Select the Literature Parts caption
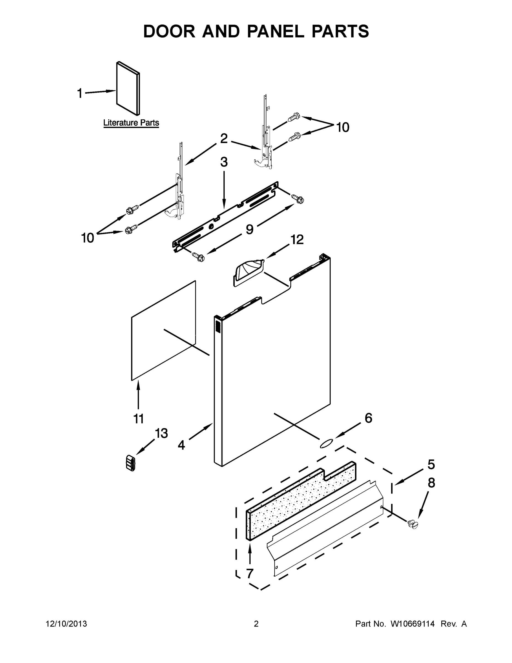tap(131, 123)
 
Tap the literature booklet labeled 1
tap(128, 89)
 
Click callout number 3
tap(224, 162)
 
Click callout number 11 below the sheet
tap(139, 419)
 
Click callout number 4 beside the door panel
tap(181, 445)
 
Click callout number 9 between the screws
tap(249, 230)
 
